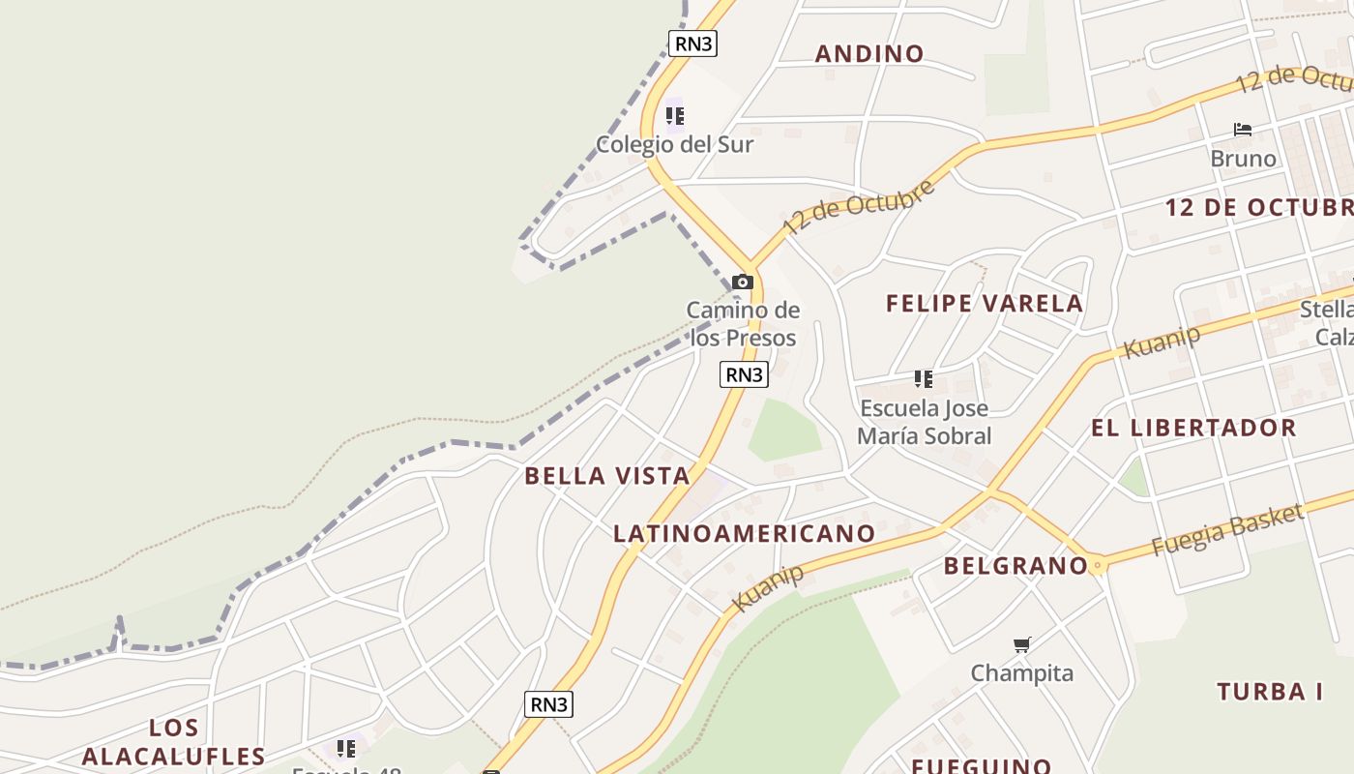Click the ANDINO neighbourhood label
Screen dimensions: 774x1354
869,53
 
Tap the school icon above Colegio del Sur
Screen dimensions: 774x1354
674,117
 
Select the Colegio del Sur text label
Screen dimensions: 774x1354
674,145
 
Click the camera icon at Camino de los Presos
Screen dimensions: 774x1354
742,283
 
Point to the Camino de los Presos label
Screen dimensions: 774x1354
743,324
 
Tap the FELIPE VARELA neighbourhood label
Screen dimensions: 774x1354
985,304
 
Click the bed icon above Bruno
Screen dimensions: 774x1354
1243,130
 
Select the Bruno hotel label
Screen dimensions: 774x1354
1243,159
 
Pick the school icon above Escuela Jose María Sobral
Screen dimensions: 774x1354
924,378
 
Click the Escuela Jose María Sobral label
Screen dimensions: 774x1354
924,422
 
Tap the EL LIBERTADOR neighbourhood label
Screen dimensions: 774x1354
1193,428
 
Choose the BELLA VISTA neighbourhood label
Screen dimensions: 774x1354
607,476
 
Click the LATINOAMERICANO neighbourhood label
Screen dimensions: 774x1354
745,533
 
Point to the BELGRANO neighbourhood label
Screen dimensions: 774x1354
1015,566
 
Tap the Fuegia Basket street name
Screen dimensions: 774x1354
1226,531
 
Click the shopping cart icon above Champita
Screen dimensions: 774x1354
1021,644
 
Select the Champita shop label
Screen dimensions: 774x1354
1021,673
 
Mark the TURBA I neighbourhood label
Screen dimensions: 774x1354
1270,692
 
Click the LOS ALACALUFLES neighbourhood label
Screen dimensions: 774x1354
174,742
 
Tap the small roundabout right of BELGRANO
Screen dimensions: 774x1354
1096,565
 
